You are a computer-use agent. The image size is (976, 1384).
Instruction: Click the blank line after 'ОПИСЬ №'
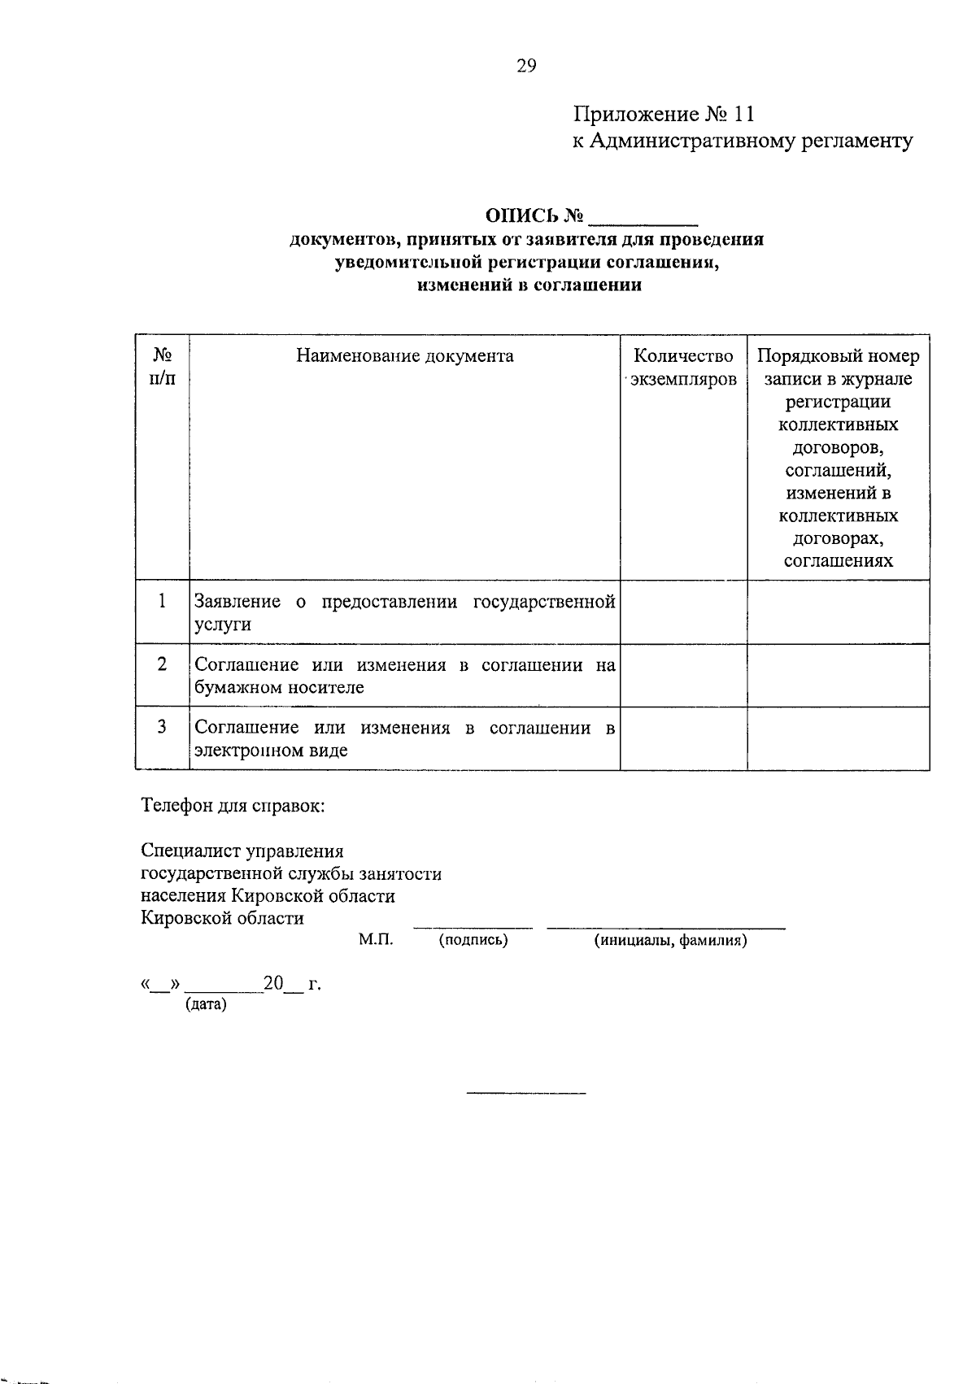click(643, 216)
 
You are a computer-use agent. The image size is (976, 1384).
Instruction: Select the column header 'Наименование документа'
click(404, 356)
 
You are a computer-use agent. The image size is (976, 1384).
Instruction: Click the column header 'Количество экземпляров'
click(683, 368)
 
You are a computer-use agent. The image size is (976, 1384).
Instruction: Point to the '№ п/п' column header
click(162, 367)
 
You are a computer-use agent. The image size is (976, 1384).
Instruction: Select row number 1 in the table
click(162, 601)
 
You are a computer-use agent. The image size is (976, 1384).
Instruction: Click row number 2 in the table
click(162, 664)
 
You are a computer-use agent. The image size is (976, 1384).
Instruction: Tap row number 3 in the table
click(162, 727)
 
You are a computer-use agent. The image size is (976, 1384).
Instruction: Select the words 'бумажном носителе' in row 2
click(278, 688)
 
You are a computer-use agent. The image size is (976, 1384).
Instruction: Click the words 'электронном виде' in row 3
click(271, 751)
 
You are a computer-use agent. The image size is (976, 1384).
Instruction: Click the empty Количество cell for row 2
click(683, 675)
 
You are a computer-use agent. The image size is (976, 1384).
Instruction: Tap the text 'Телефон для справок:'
click(233, 807)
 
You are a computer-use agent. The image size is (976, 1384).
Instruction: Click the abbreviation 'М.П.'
click(376, 940)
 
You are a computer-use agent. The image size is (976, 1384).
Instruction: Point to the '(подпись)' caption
click(473, 941)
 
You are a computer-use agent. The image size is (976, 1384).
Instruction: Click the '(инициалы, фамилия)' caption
click(670, 941)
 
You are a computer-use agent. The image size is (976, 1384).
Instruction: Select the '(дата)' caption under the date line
click(207, 1004)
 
